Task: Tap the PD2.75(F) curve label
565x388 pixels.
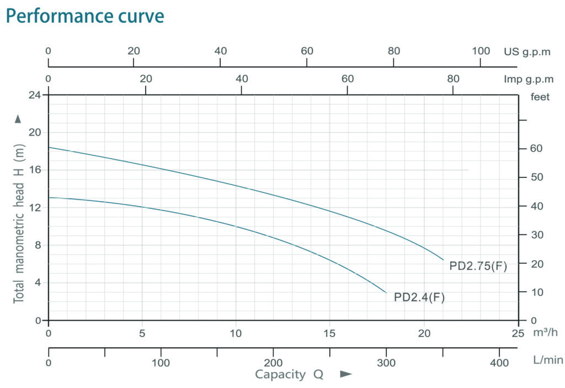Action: coord(478,266)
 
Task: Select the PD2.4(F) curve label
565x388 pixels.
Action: coord(419,297)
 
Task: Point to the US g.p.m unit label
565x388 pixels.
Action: coord(527,51)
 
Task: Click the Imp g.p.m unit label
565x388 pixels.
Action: coord(527,79)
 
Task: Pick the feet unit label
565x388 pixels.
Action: coord(540,97)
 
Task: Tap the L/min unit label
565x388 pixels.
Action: coord(548,360)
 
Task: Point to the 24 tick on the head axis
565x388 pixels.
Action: coord(34,95)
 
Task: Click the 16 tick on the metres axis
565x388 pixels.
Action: coord(34,170)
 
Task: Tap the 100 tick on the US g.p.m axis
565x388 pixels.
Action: coord(481,51)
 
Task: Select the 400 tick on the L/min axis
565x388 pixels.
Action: coord(499,363)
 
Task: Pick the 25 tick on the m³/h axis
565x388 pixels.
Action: coord(518,333)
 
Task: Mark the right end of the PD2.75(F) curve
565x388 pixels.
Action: coord(443,259)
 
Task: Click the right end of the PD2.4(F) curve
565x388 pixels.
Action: coord(386,292)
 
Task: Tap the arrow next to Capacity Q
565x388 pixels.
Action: coord(346,375)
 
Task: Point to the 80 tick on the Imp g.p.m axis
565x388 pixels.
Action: coord(453,79)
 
